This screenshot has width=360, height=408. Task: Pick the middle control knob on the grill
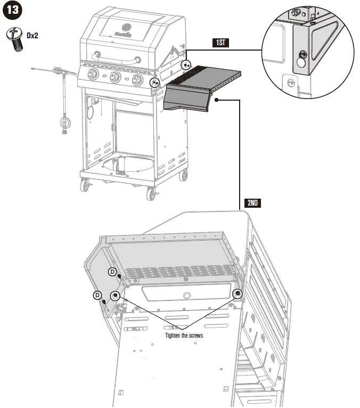pos(114,78)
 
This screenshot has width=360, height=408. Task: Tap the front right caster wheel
pos(150,194)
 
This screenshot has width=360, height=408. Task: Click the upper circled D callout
pos(113,272)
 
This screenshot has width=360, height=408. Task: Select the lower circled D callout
pos(97,295)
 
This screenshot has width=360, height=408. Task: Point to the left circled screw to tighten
pos(114,296)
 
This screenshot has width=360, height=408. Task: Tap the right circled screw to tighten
pos(238,293)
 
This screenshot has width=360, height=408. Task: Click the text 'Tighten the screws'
pos(184,336)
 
